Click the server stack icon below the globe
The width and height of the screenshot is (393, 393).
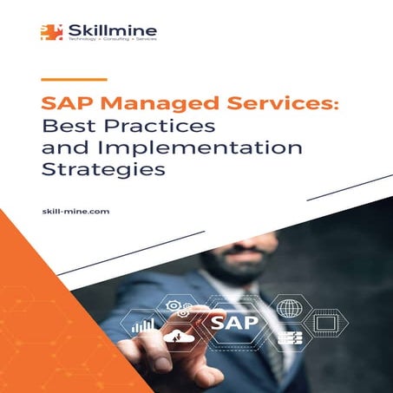[x=289, y=337]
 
